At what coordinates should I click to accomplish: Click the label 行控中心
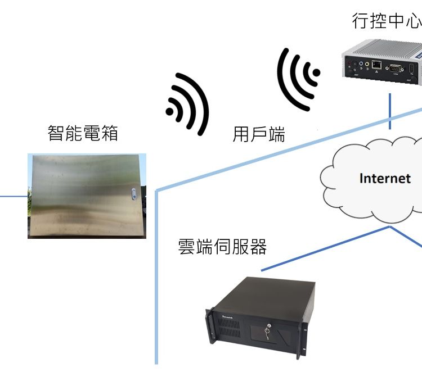(x=386, y=21)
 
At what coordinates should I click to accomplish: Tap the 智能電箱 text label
(x=83, y=134)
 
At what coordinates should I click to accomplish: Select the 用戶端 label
(x=259, y=134)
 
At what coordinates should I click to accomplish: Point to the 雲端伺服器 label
(x=222, y=246)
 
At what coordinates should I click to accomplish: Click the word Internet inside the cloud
(x=385, y=178)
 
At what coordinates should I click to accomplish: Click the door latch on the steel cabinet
(x=133, y=194)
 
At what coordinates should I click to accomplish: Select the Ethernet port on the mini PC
(x=376, y=65)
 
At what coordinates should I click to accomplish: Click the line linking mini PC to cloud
(x=390, y=112)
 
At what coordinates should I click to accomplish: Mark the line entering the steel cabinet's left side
(x=14, y=197)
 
